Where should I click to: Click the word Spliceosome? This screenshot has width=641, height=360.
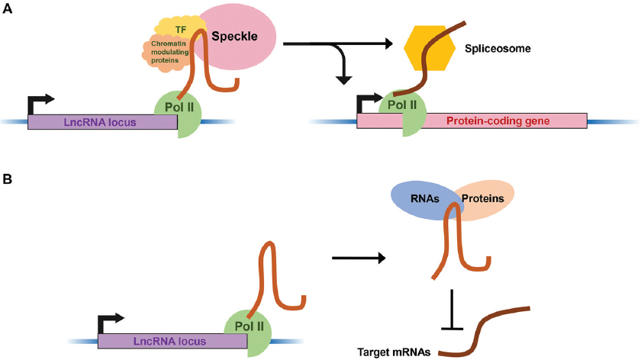click(497, 49)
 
